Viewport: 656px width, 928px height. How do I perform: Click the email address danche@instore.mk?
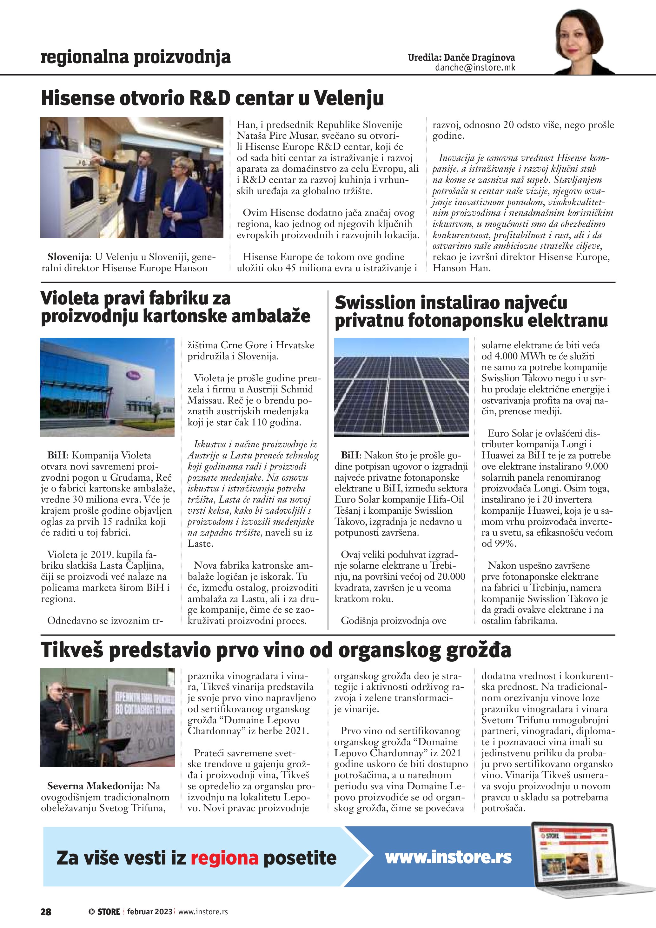pos(475,68)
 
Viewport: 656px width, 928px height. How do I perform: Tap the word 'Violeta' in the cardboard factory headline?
pos(70,298)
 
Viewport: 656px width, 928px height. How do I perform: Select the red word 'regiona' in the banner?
pos(224,858)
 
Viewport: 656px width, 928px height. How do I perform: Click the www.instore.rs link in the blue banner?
pos(448,857)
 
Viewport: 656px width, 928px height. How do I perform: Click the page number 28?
pos(46,911)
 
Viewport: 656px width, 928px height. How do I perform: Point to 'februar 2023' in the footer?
pos(149,911)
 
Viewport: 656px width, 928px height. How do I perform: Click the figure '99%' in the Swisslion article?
pos(505,544)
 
